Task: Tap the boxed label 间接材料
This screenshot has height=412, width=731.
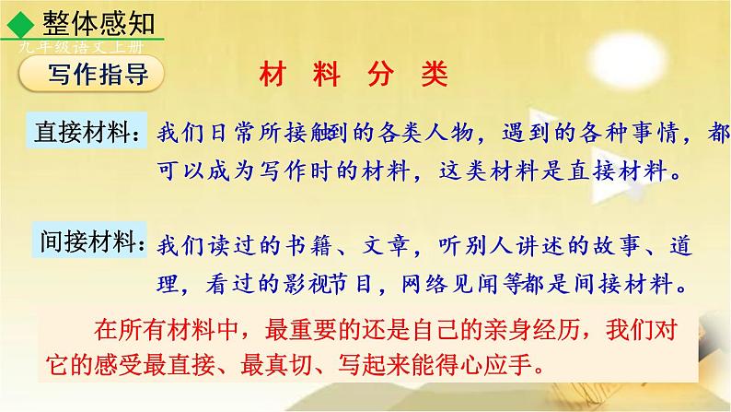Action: tap(88, 241)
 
